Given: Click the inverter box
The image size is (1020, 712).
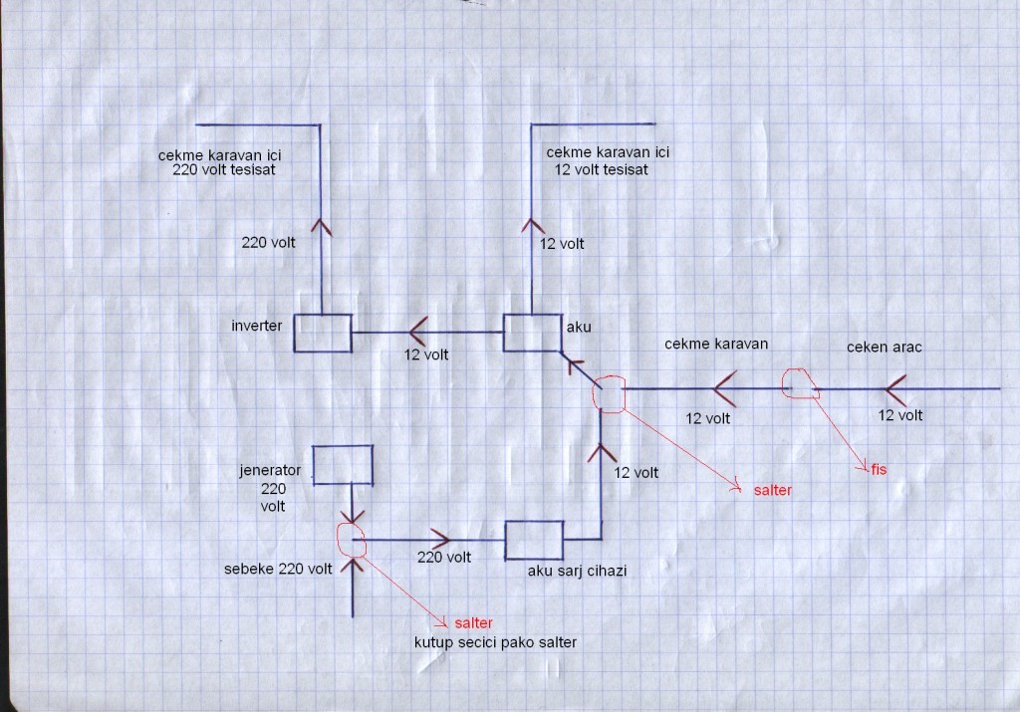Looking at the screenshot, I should point(322,333).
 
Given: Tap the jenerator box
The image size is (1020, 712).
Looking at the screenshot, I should point(343,465).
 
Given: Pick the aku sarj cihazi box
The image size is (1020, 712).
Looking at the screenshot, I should point(534,539).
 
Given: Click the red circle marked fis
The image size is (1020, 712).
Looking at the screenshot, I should point(800,383).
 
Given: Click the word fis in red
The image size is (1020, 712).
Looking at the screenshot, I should point(878,469).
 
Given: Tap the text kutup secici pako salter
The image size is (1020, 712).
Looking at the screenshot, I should point(495,643).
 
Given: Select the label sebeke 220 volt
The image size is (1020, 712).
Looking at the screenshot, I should point(279,570).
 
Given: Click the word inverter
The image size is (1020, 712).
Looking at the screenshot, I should point(254,326).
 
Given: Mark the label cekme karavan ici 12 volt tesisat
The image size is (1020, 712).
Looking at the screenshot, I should point(608,161).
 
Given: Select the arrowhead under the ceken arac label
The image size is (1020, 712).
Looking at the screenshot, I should point(894,386).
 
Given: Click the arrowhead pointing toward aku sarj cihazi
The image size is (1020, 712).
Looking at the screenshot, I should point(438,539).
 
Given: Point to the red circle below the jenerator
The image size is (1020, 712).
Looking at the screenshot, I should point(352,540).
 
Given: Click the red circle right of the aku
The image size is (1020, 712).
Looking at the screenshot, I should point(609,394).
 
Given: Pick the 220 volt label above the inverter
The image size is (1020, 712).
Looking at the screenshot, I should point(267,242).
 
